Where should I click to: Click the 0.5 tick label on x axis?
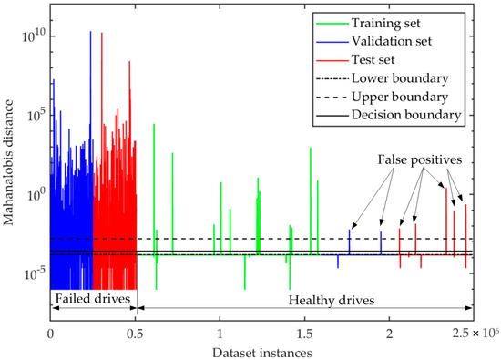pos(135,333)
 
